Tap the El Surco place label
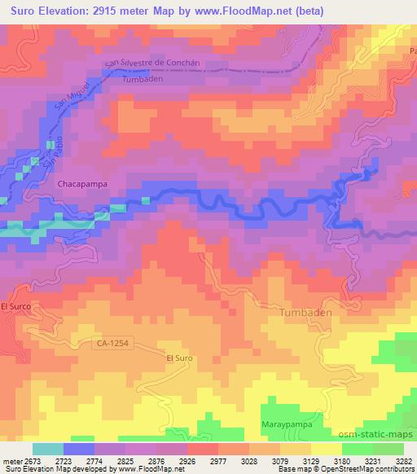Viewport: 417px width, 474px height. point(16,306)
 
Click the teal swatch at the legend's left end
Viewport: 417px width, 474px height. point(48,449)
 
